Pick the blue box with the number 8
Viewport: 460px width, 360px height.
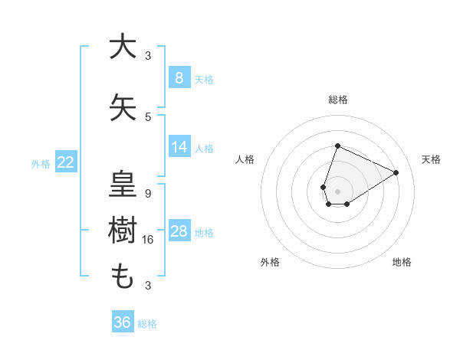179,77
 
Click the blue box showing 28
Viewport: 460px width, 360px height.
179,231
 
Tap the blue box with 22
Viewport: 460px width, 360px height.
65,162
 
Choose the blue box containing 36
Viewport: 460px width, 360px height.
122,322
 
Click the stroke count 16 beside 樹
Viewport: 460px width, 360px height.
149,240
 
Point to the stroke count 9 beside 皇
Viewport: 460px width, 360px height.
148,194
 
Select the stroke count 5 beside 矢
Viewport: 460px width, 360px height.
148,117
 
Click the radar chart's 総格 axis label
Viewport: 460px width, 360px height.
337,100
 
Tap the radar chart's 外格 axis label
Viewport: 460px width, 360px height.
270,262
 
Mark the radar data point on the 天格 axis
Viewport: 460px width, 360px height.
396,172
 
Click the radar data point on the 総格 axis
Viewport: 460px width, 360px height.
337,146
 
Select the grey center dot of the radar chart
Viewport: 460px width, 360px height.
337,190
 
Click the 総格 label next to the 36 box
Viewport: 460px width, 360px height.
147,324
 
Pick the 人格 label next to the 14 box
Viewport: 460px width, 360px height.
204,148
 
